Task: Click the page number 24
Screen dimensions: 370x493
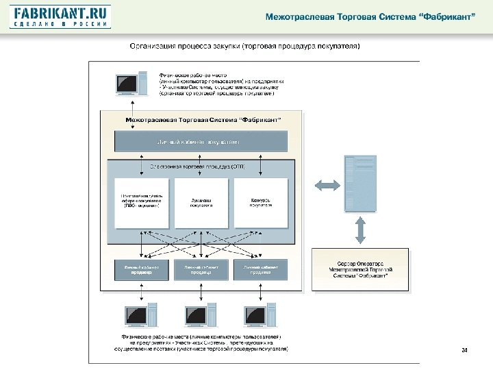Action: (464, 351)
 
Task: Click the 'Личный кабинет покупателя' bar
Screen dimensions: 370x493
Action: (201, 142)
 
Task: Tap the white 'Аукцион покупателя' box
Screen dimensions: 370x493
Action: (201, 203)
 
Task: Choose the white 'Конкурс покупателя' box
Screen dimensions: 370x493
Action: (260, 203)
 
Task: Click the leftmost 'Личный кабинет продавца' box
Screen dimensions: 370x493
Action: (140, 269)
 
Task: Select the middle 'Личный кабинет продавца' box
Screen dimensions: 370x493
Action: (201, 269)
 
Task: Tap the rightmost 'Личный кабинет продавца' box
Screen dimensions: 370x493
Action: (260, 269)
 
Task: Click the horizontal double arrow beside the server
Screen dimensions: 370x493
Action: (325, 184)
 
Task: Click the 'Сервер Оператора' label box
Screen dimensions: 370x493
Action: (361, 269)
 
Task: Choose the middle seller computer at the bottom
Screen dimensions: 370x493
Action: (201, 316)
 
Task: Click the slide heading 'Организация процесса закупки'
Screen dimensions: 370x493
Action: (246, 47)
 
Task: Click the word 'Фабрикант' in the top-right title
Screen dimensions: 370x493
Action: (445, 16)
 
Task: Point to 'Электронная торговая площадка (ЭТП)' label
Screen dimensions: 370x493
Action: (201, 166)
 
